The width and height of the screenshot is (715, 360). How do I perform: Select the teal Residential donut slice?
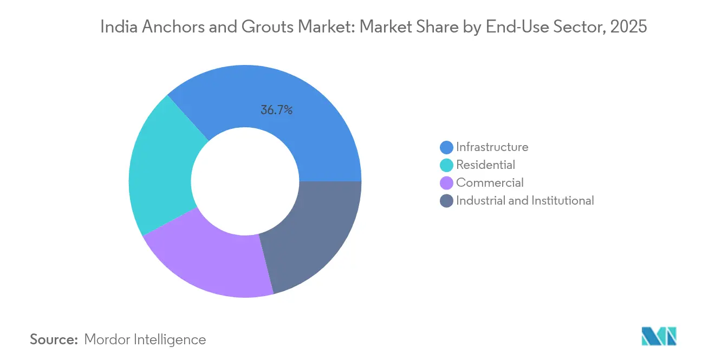coord(160,168)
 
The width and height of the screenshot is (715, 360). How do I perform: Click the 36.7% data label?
coord(276,110)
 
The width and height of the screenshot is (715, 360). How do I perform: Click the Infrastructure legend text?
coord(492,147)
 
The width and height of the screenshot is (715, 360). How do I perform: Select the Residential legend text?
coord(485,165)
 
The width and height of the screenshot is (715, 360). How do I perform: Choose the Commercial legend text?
coord(490,182)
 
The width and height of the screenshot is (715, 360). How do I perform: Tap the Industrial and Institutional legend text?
coord(525,200)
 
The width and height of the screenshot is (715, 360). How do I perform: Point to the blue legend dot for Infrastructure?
coord(446,147)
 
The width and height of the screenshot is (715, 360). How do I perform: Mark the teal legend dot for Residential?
coord(446,165)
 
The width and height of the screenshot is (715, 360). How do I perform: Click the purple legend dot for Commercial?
coord(446,183)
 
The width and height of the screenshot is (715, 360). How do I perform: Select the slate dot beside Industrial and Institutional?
coord(446,201)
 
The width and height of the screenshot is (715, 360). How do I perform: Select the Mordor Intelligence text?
coord(145,339)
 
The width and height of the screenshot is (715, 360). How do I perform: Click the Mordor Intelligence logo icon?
coord(659,336)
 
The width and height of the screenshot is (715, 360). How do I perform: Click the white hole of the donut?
coord(245,181)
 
